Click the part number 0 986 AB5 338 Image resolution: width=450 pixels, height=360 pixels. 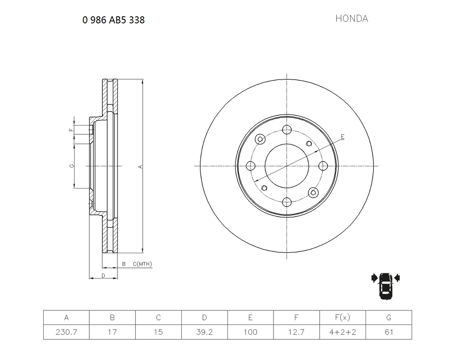pos(113,20)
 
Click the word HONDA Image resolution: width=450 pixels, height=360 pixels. pos(351,19)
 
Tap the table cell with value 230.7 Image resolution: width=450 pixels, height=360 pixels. pos(66,332)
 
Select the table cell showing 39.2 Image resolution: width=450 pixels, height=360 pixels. pos(204,332)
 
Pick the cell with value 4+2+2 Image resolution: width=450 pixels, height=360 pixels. pos(342,332)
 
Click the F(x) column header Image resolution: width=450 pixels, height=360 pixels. pos(342,317)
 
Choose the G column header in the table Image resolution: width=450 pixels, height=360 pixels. pos(388,317)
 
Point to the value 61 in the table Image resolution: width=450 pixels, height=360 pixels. pos(388,332)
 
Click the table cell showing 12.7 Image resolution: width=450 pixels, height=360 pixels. pos(296,332)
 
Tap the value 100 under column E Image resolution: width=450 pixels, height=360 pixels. pos(250,332)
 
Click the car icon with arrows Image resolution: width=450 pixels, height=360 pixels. pos(386,285)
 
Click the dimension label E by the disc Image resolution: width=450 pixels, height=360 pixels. pos(342,137)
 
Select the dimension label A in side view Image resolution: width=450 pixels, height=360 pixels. pos(140,166)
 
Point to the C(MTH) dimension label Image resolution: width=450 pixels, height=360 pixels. pos(142,264)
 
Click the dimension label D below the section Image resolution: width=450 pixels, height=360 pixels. pos(103,276)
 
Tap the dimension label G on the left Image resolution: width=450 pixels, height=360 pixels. pos(71,166)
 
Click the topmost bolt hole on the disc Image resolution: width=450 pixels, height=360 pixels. pos(287,129)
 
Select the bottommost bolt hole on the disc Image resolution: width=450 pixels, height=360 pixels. pos(287,202)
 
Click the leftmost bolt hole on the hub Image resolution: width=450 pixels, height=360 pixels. pos(251,166)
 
